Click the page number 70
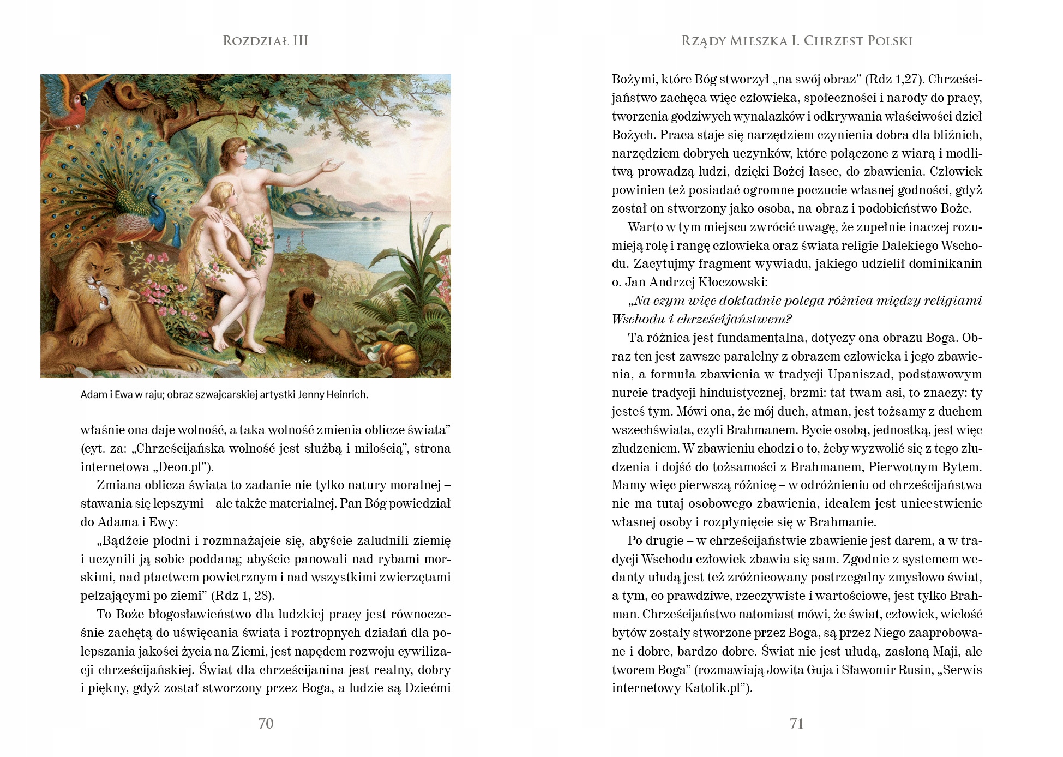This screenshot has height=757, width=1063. point(266,723)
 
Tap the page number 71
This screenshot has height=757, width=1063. point(796,723)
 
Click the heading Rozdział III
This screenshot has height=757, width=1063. point(266,41)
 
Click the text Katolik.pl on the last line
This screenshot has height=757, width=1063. point(713,688)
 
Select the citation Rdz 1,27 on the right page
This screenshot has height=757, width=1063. point(893,79)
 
